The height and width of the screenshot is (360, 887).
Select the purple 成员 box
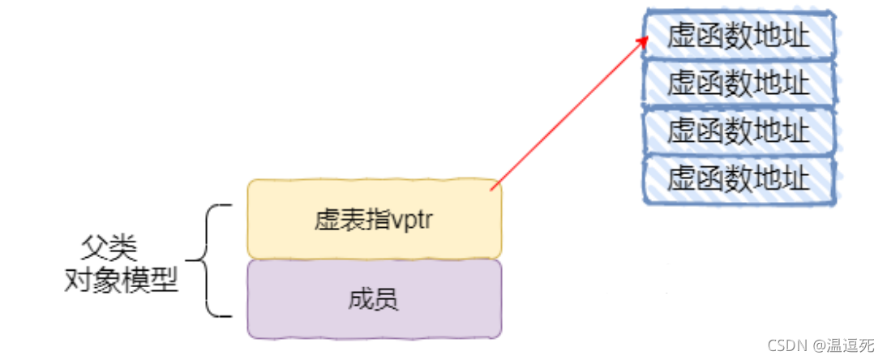point(374,298)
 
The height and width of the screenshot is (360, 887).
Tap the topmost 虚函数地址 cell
point(739,36)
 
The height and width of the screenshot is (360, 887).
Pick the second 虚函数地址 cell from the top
point(739,83)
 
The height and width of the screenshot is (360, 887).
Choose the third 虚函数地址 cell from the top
point(739,130)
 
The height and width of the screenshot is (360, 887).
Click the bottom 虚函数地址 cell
point(739,178)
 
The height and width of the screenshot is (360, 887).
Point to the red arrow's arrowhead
point(645,40)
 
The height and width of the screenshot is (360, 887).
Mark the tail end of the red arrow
point(492,190)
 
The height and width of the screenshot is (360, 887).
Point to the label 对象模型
point(121,281)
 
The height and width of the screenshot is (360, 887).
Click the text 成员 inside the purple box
point(374,300)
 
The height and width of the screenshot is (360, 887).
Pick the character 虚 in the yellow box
point(323,220)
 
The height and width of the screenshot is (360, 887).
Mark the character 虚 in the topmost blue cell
point(680,36)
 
